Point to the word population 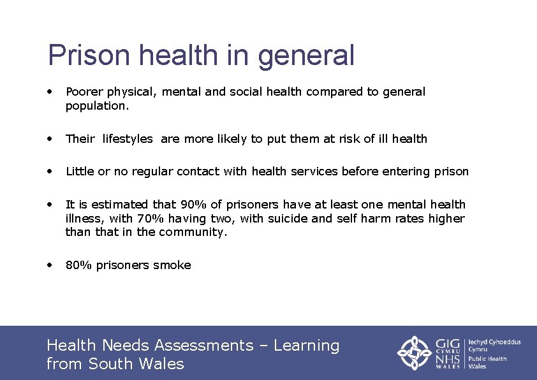point(97,106)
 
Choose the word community point(193,233)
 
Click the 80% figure point(78,265)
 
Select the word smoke point(175,265)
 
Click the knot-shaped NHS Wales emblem point(415,353)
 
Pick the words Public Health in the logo point(487,359)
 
